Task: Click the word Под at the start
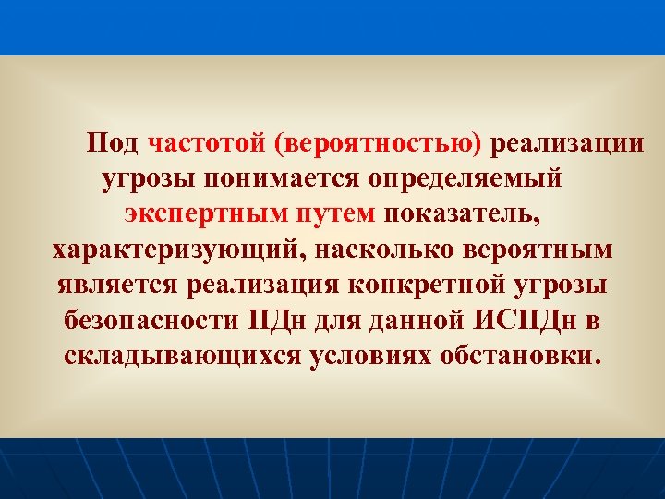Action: pyautogui.click(x=113, y=144)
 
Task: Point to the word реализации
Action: pyautogui.click(x=567, y=144)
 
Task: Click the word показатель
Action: pyautogui.click(x=459, y=214)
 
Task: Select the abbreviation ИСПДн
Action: pyautogui.click(x=523, y=321)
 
